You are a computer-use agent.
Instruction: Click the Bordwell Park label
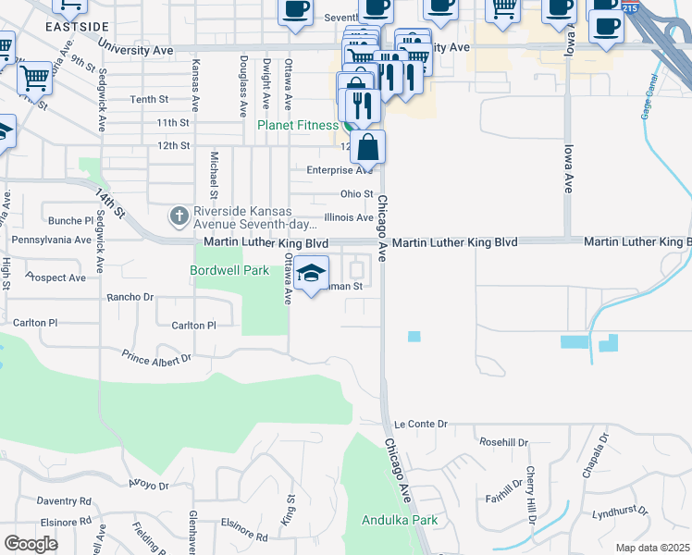[229, 271]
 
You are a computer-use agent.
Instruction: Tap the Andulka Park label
[400, 520]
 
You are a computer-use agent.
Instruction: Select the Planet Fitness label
[297, 125]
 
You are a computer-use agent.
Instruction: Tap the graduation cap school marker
[313, 273]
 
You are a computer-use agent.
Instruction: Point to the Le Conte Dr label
[420, 425]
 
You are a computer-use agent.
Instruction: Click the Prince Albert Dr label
[155, 356]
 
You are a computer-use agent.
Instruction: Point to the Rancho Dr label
[130, 298]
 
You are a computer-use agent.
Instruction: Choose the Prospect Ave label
[57, 277]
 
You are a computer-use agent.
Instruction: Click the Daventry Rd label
[65, 500]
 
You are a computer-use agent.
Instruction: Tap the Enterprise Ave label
[340, 170]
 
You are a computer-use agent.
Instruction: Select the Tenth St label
[149, 99]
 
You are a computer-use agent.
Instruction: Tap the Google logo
[31, 544]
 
